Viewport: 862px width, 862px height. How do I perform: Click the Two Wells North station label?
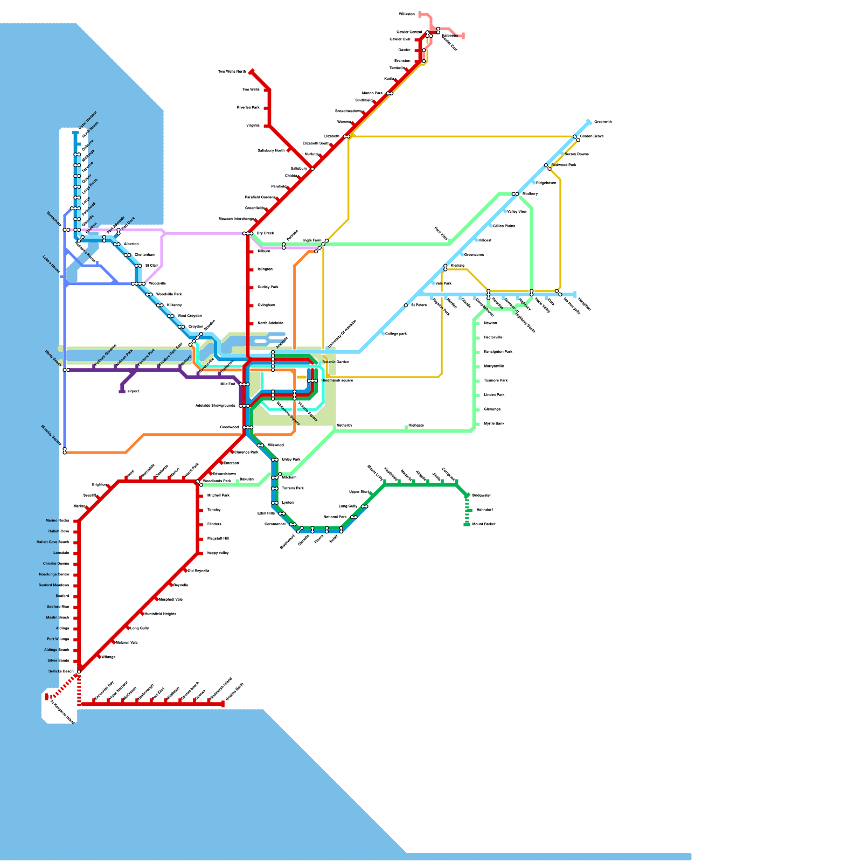click(x=232, y=72)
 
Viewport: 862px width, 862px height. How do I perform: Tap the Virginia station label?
click(x=253, y=126)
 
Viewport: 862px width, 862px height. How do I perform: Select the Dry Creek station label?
click(x=265, y=233)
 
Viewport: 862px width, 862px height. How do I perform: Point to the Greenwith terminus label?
click(x=603, y=122)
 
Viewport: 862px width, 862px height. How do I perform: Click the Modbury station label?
click(x=530, y=193)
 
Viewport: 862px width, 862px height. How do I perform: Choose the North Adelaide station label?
click(x=270, y=323)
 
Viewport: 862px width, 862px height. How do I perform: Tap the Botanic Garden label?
click(x=336, y=362)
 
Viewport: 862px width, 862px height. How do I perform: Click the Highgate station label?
click(x=416, y=426)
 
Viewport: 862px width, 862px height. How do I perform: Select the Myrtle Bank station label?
click(x=494, y=424)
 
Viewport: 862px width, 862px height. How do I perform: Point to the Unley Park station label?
click(x=291, y=460)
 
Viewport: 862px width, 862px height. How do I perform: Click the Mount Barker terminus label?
click(x=484, y=524)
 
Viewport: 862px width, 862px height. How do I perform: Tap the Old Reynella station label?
click(x=199, y=571)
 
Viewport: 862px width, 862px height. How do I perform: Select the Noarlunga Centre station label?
click(x=54, y=574)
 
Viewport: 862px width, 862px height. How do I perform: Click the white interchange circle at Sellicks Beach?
click(x=79, y=672)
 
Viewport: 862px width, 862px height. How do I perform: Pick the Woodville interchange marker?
click(x=139, y=284)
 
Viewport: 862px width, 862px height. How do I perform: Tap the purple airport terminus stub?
click(x=122, y=392)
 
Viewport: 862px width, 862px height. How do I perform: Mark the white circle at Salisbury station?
click(x=312, y=169)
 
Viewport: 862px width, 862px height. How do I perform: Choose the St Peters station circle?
click(x=406, y=305)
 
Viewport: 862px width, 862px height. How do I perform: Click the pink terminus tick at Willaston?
click(x=420, y=14)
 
